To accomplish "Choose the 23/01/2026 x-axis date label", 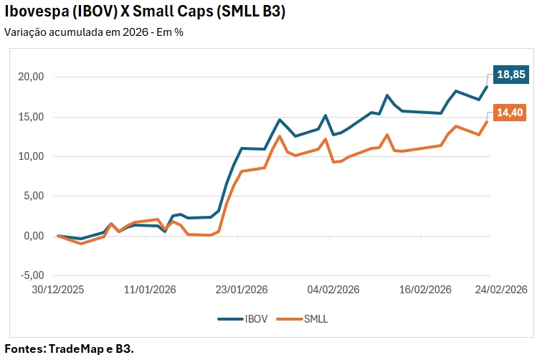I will (242, 290).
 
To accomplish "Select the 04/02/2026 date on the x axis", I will (333, 290).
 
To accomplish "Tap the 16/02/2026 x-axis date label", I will (425, 290).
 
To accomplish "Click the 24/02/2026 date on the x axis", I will (502, 290).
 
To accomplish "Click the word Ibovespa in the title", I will (34, 13).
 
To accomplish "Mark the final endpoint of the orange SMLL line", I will (488, 121).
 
